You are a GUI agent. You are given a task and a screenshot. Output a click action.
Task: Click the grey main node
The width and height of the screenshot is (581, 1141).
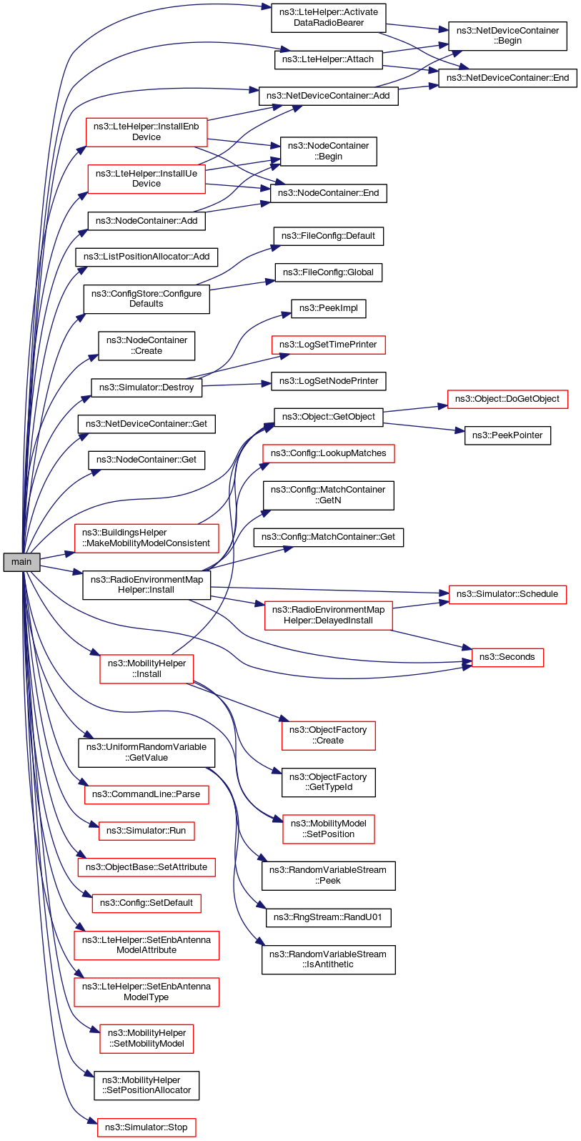coord(21,562)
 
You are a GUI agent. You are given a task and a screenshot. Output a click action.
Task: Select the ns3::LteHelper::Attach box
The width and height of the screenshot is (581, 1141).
coord(328,59)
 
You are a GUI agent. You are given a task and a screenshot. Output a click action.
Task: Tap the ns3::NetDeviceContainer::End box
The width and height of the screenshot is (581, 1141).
coord(507,78)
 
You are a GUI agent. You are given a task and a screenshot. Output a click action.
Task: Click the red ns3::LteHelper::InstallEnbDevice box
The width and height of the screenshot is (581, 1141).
coord(147,132)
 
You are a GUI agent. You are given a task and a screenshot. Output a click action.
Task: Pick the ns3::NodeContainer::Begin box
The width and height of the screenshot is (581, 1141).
coord(328,151)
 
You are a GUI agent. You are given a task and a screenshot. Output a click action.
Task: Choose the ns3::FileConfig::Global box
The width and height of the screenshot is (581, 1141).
coord(328,272)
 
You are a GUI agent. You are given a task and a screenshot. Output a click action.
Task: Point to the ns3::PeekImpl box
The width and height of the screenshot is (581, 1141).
coord(328,308)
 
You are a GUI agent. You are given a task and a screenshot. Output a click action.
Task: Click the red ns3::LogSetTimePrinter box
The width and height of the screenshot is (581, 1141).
coord(328,345)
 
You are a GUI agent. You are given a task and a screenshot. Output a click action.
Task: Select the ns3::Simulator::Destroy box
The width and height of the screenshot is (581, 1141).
coord(147,387)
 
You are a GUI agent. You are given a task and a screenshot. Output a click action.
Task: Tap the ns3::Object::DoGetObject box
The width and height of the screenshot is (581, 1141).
coord(507,399)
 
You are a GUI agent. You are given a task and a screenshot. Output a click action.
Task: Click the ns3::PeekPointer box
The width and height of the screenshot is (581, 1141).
coord(507,435)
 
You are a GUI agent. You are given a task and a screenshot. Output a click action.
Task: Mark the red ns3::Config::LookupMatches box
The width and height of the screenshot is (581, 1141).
coord(328,453)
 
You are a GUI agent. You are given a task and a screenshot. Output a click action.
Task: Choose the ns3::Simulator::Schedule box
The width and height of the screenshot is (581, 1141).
coord(507,594)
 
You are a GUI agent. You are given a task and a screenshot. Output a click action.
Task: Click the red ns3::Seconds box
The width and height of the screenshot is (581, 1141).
coord(507,657)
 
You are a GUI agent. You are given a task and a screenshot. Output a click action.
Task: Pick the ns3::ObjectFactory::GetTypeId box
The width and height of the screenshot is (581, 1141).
coord(328,782)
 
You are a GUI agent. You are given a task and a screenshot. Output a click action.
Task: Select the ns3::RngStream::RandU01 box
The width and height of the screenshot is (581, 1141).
coord(328,917)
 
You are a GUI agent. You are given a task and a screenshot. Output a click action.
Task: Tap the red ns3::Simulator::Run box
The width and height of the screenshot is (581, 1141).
coord(147,831)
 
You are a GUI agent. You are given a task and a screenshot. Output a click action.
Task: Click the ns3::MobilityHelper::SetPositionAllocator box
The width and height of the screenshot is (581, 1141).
coord(147,1085)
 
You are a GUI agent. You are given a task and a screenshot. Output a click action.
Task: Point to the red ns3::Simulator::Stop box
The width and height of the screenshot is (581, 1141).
coord(147,1127)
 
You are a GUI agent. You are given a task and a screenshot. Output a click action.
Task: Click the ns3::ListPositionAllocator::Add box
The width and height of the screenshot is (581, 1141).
coord(147,257)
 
